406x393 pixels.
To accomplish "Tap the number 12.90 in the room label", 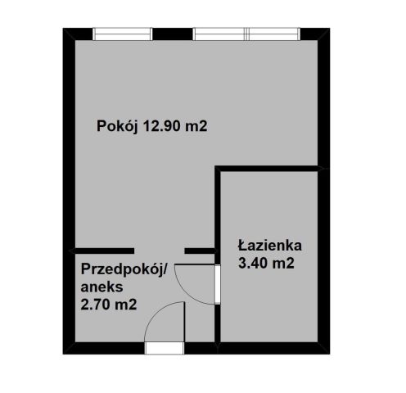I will click(164, 126).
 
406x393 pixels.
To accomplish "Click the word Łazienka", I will click(271, 245).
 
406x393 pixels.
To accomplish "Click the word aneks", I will click(101, 287).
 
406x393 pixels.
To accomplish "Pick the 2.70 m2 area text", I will click(108, 305).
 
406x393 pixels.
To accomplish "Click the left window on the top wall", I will click(123, 34).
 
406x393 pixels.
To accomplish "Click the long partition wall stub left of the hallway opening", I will click(102, 250).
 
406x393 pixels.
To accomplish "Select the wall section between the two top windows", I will click(173, 34).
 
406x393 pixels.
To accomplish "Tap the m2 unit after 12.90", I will click(210, 126).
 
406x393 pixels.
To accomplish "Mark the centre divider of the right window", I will click(248, 34).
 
